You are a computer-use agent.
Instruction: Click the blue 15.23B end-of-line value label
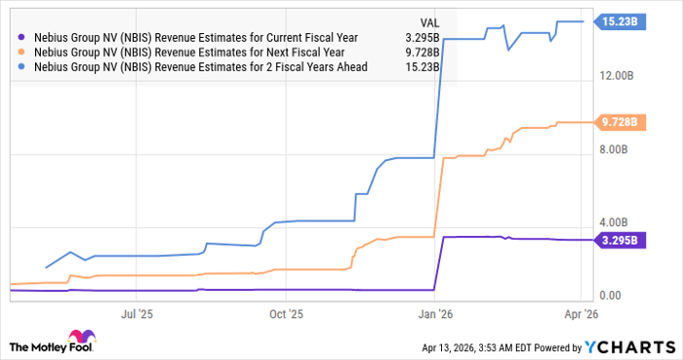click(620, 20)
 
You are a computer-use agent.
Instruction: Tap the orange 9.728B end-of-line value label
click(620, 123)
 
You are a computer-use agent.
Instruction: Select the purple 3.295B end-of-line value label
click(620, 240)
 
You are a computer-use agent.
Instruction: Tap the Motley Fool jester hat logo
click(20, 345)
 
